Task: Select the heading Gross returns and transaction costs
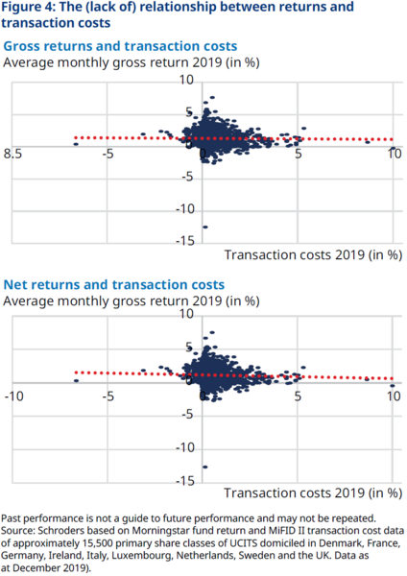pos(121,46)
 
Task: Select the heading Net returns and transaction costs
pos(113,285)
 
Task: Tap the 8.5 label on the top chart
pos(13,154)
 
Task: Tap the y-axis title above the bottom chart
pos(132,301)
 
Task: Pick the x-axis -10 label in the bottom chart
pos(13,394)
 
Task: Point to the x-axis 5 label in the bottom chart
pos(298,394)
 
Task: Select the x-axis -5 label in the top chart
pos(108,154)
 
